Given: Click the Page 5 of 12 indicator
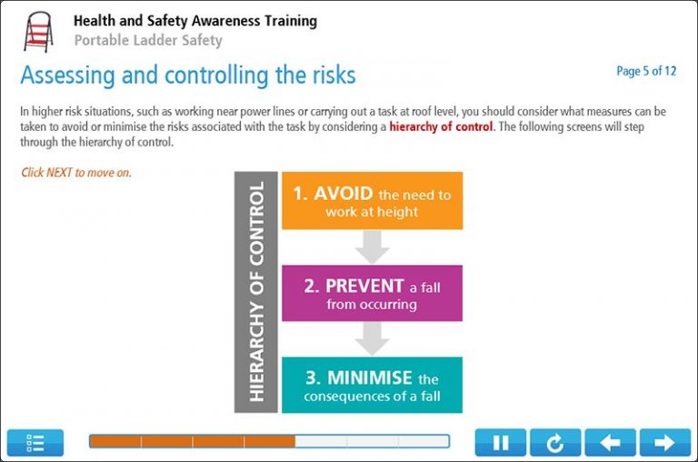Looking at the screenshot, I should tap(645, 71).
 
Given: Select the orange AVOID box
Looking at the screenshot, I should tap(372, 201).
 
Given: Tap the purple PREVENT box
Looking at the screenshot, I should tap(372, 294).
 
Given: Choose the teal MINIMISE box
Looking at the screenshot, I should tap(372, 386).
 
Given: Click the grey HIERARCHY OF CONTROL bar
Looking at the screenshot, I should tap(255, 292).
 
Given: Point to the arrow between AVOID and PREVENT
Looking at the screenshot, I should tap(372, 246).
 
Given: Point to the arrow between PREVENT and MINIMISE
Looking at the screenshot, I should tap(372, 339).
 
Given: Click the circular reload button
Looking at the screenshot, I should tap(555, 443).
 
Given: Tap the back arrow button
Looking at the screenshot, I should tap(610, 443).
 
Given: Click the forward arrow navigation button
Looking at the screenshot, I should tap(665, 443).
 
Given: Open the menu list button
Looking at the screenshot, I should tap(35, 443).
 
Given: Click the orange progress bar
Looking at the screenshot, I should tap(192, 442).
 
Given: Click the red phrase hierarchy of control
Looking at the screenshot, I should tap(441, 127).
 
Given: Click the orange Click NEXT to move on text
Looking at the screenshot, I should tap(76, 173).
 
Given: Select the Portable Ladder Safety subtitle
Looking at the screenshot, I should tap(148, 40).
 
